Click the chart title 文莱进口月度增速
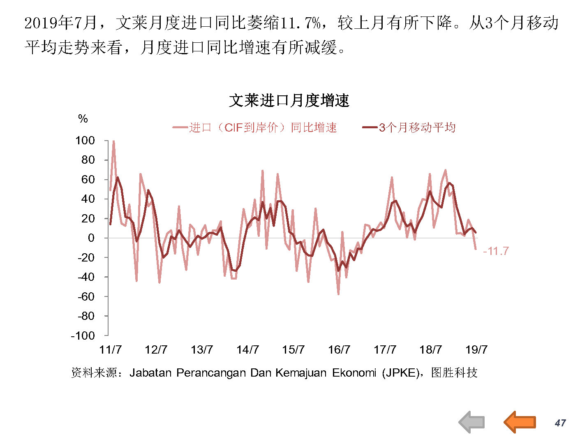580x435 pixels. [x=289, y=100]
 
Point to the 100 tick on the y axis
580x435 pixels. [x=85, y=141]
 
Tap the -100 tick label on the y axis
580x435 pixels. [x=83, y=336]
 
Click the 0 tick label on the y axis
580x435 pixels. [x=91, y=238]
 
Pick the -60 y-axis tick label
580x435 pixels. [x=86, y=296]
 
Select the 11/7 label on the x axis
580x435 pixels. [x=111, y=349]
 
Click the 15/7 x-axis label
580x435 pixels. [x=293, y=349]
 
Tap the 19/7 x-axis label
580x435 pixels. [x=476, y=349]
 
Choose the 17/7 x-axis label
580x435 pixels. [x=385, y=349]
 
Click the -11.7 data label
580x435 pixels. [x=496, y=251]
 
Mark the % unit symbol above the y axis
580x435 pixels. [x=83, y=119]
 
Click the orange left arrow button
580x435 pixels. [x=520, y=422]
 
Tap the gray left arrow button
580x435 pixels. [x=471, y=422]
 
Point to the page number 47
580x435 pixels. [x=560, y=423]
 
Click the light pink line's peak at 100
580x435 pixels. [x=113, y=141]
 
